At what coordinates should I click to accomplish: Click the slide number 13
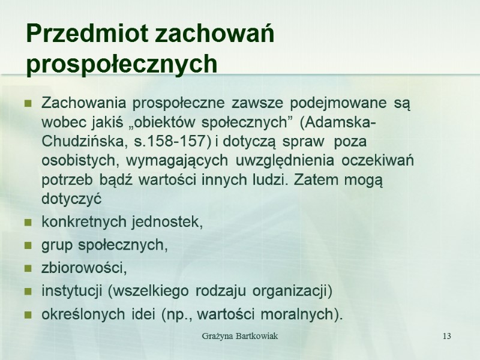[x=446, y=335]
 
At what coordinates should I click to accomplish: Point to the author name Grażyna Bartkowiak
[x=239, y=335]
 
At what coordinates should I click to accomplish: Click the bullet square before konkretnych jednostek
[x=28, y=223]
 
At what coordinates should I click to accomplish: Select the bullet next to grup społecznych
[x=28, y=246]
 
